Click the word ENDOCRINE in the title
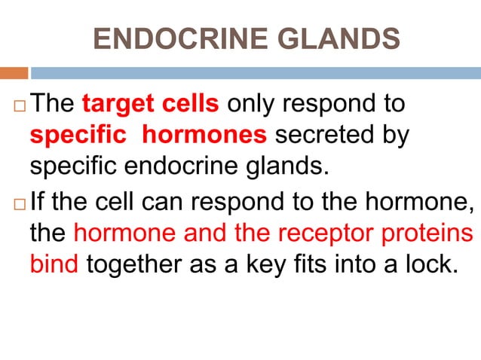click(x=175, y=38)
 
